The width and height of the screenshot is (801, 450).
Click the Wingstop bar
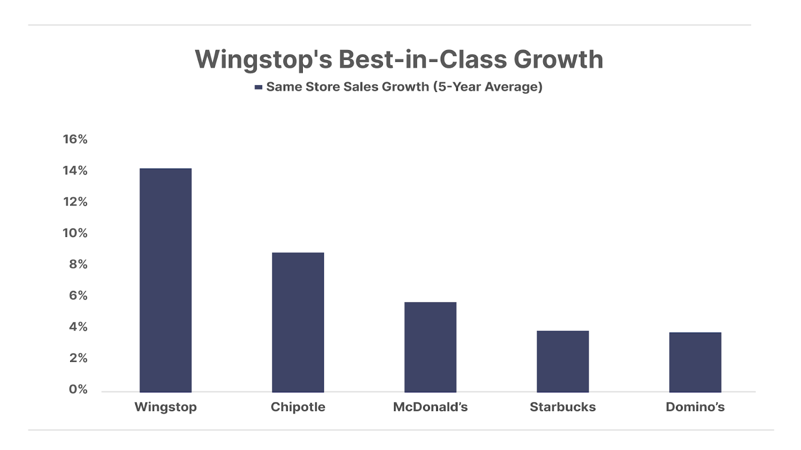[165, 280]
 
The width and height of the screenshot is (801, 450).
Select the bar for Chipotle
[298, 322]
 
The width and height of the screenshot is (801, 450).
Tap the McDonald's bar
[430, 347]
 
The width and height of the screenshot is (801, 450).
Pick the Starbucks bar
[563, 361]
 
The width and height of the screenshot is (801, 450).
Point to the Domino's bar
[695, 362]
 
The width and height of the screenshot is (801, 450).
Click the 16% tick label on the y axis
[75, 139]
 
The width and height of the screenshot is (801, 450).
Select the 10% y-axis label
[75, 233]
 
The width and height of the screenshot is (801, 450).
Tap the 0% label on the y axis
[78, 389]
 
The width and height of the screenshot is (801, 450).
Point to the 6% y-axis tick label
[78, 295]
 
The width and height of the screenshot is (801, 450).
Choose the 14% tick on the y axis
[75, 170]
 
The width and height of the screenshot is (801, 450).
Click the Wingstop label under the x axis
[165, 407]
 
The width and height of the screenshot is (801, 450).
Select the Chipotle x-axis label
[298, 407]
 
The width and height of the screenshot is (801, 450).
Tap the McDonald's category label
[430, 407]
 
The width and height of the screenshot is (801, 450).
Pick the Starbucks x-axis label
[563, 407]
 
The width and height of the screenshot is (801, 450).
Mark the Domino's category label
[695, 407]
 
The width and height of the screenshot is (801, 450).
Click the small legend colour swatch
[258, 87]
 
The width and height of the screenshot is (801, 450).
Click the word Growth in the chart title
[558, 59]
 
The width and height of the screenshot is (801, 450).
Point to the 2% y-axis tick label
[78, 358]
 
